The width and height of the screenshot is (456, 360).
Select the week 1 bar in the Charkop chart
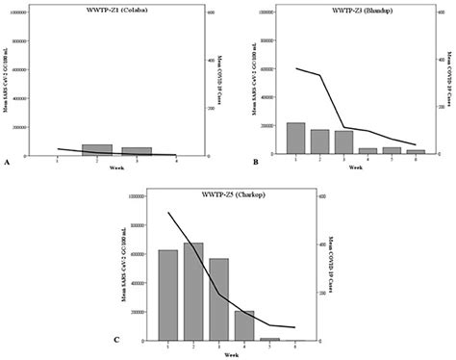167,295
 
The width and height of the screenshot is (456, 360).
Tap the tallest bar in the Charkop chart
193,292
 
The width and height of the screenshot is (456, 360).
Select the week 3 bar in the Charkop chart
218,299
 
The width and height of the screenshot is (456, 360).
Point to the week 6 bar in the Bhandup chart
415,152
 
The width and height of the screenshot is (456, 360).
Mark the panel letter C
117,340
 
